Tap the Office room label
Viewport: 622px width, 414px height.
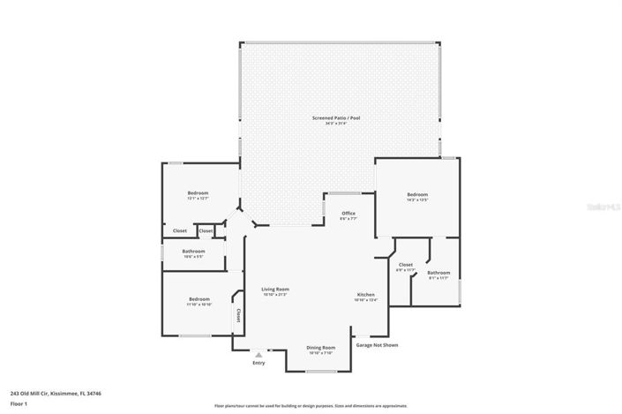[x=348, y=213]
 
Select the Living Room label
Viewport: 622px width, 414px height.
[x=275, y=289]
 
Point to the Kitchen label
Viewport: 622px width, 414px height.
[x=365, y=294]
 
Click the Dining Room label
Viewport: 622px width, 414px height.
[x=320, y=348]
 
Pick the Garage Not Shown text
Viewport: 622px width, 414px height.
[x=377, y=345]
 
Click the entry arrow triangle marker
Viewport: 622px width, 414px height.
[x=259, y=355]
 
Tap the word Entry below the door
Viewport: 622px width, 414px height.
[x=259, y=363]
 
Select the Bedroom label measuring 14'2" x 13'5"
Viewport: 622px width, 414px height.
[x=417, y=194]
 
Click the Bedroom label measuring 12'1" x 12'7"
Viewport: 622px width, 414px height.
[x=197, y=193]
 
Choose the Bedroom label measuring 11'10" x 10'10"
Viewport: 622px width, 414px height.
[x=199, y=299]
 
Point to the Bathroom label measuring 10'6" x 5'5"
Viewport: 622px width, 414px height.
[x=194, y=252]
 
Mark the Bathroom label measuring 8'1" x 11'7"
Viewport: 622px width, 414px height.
[x=438, y=273]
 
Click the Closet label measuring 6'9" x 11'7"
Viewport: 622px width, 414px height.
[x=406, y=265]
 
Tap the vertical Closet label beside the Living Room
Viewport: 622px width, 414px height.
[x=237, y=315]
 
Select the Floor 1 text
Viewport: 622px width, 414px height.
[x=19, y=403]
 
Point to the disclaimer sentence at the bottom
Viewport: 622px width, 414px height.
[x=311, y=406]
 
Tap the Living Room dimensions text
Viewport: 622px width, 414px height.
[x=275, y=294]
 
